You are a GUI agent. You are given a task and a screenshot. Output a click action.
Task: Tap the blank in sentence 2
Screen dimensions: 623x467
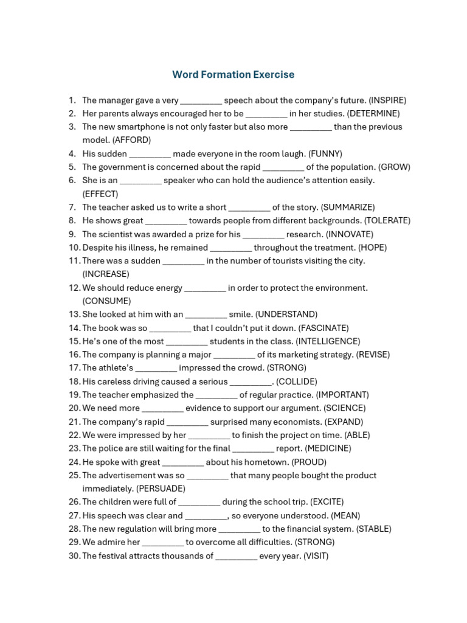pos(266,114)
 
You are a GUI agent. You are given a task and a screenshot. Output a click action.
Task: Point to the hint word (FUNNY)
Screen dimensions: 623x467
pos(325,154)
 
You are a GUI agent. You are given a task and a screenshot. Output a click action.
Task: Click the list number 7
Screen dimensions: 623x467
pos(72,207)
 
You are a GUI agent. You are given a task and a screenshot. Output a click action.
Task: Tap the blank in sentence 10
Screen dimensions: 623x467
pos(230,248)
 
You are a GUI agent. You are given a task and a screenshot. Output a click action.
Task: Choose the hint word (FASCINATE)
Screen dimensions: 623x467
pos(323,328)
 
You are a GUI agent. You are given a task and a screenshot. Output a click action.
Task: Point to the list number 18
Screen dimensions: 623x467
pos(74,381)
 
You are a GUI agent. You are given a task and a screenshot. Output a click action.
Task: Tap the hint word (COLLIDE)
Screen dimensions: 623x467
pos(297,381)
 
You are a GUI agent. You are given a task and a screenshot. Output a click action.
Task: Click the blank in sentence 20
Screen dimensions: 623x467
pos(162,408)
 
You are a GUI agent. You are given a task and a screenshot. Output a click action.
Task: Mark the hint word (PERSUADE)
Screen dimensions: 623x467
pos(161,489)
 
